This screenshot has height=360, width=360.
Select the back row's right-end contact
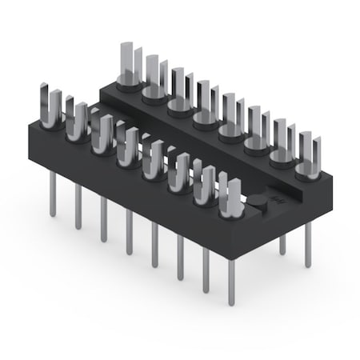pyautogui.click(x=307, y=157)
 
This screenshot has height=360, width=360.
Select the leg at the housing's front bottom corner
pyautogui.click(x=231, y=280)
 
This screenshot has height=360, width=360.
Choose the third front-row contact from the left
pyautogui.click(x=102, y=134)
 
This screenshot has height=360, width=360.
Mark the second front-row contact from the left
pyautogui.click(x=77, y=122)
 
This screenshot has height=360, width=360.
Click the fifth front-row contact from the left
pyautogui.click(x=153, y=160)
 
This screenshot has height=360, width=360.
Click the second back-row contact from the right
pyautogui.click(x=282, y=144)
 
